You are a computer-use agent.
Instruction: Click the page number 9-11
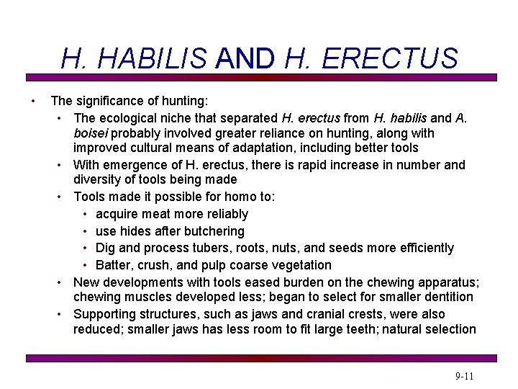[x=465, y=377]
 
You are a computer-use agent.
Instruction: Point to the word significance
[x=112, y=101]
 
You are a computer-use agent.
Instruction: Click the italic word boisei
[x=91, y=133]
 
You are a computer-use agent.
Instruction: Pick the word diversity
[x=98, y=179]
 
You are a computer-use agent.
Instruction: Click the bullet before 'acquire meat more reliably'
[x=85, y=215]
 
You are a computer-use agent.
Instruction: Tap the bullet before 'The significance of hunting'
[x=32, y=101]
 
